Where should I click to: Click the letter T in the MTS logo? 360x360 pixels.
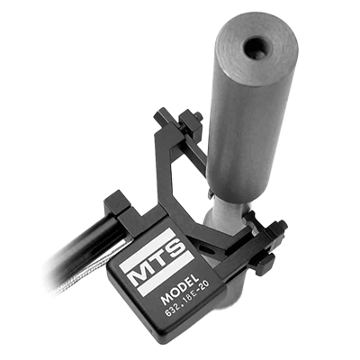click(x=158, y=259)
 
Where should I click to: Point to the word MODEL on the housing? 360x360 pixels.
click(x=180, y=289)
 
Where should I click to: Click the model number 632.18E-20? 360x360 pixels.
click(x=187, y=301)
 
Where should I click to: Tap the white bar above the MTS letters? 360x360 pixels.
click(x=148, y=247)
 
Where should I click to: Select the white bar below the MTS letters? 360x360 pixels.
click(x=166, y=273)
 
